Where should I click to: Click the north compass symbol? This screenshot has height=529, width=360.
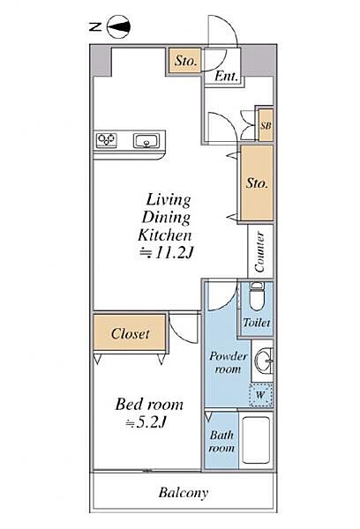point(118,26)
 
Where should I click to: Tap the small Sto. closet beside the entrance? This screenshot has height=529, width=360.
point(185,61)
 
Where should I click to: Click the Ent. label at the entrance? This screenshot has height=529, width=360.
point(226,76)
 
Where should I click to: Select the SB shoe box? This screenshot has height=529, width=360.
point(266,125)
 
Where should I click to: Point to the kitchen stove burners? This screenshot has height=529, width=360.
point(107,139)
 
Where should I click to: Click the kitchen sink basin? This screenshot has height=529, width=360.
point(146,140)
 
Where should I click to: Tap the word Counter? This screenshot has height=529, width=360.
point(259,251)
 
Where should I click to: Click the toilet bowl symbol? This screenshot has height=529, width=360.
point(257,296)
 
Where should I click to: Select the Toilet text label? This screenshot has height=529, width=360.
point(257,323)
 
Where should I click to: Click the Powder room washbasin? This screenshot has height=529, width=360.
point(265,361)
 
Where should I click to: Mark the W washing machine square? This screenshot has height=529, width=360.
point(260,395)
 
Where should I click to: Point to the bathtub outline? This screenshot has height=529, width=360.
point(256,441)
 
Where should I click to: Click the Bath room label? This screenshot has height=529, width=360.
point(221,442)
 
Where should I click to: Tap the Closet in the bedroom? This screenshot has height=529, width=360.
point(130,333)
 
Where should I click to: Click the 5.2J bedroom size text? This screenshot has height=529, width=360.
point(146,422)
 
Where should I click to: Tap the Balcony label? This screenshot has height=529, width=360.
point(184,493)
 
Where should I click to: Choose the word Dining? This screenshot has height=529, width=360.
point(166,218)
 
